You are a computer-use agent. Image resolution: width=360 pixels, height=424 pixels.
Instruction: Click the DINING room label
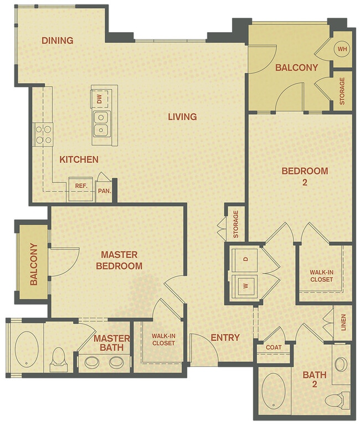click(x=58, y=40)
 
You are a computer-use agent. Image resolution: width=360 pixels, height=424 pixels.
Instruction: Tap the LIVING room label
click(x=183, y=117)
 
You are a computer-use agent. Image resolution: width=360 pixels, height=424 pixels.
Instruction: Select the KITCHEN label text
click(x=79, y=159)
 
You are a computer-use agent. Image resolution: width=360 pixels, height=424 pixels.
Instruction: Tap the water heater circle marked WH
click(x=341, y=49)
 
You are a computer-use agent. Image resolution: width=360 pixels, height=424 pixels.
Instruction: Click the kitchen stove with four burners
click(x=44, y=133)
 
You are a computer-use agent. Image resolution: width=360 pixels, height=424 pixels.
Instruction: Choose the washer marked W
click(x=244, y=286)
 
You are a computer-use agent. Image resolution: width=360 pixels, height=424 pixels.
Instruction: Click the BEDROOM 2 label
click(x=305, y=176)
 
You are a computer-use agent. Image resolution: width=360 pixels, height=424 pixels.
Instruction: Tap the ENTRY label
click(x=225, y=338)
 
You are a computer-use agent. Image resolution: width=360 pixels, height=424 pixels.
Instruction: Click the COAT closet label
click(x=274, y=348)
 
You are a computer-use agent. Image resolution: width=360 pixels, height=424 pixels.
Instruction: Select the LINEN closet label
click(x=343, y=322)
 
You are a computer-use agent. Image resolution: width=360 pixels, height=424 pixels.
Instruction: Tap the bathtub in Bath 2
click(x=272, y=392)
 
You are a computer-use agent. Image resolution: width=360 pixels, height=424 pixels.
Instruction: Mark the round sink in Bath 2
click(x=341, y=364)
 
